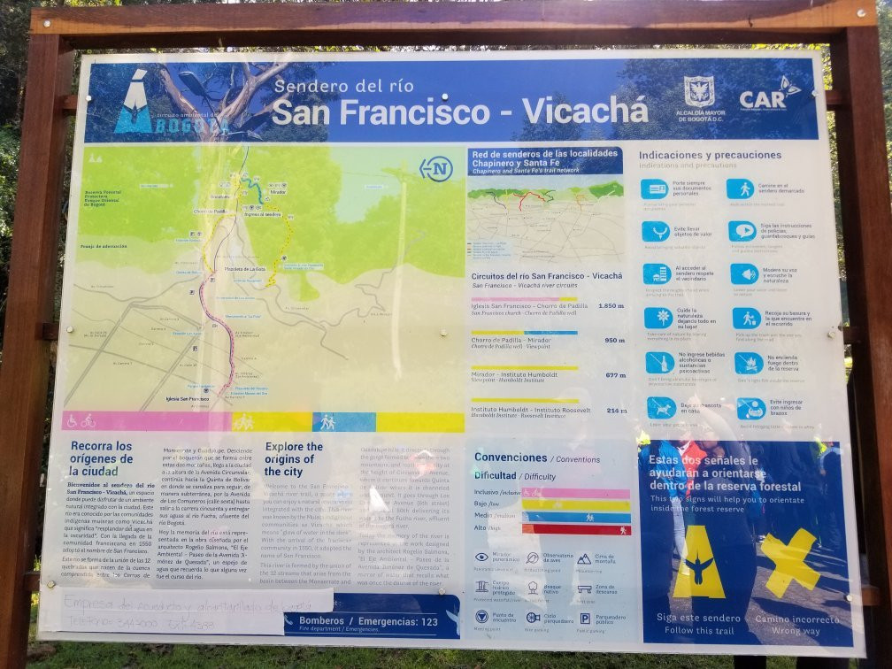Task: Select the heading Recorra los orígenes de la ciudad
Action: (101, 458)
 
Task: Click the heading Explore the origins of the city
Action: (294, 459)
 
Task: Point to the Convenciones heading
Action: (511, 458)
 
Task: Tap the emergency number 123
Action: (428, 622)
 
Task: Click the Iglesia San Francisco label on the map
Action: (187, 399)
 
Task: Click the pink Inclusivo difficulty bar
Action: (575, 493)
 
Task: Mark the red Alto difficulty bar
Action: (575, 528)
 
